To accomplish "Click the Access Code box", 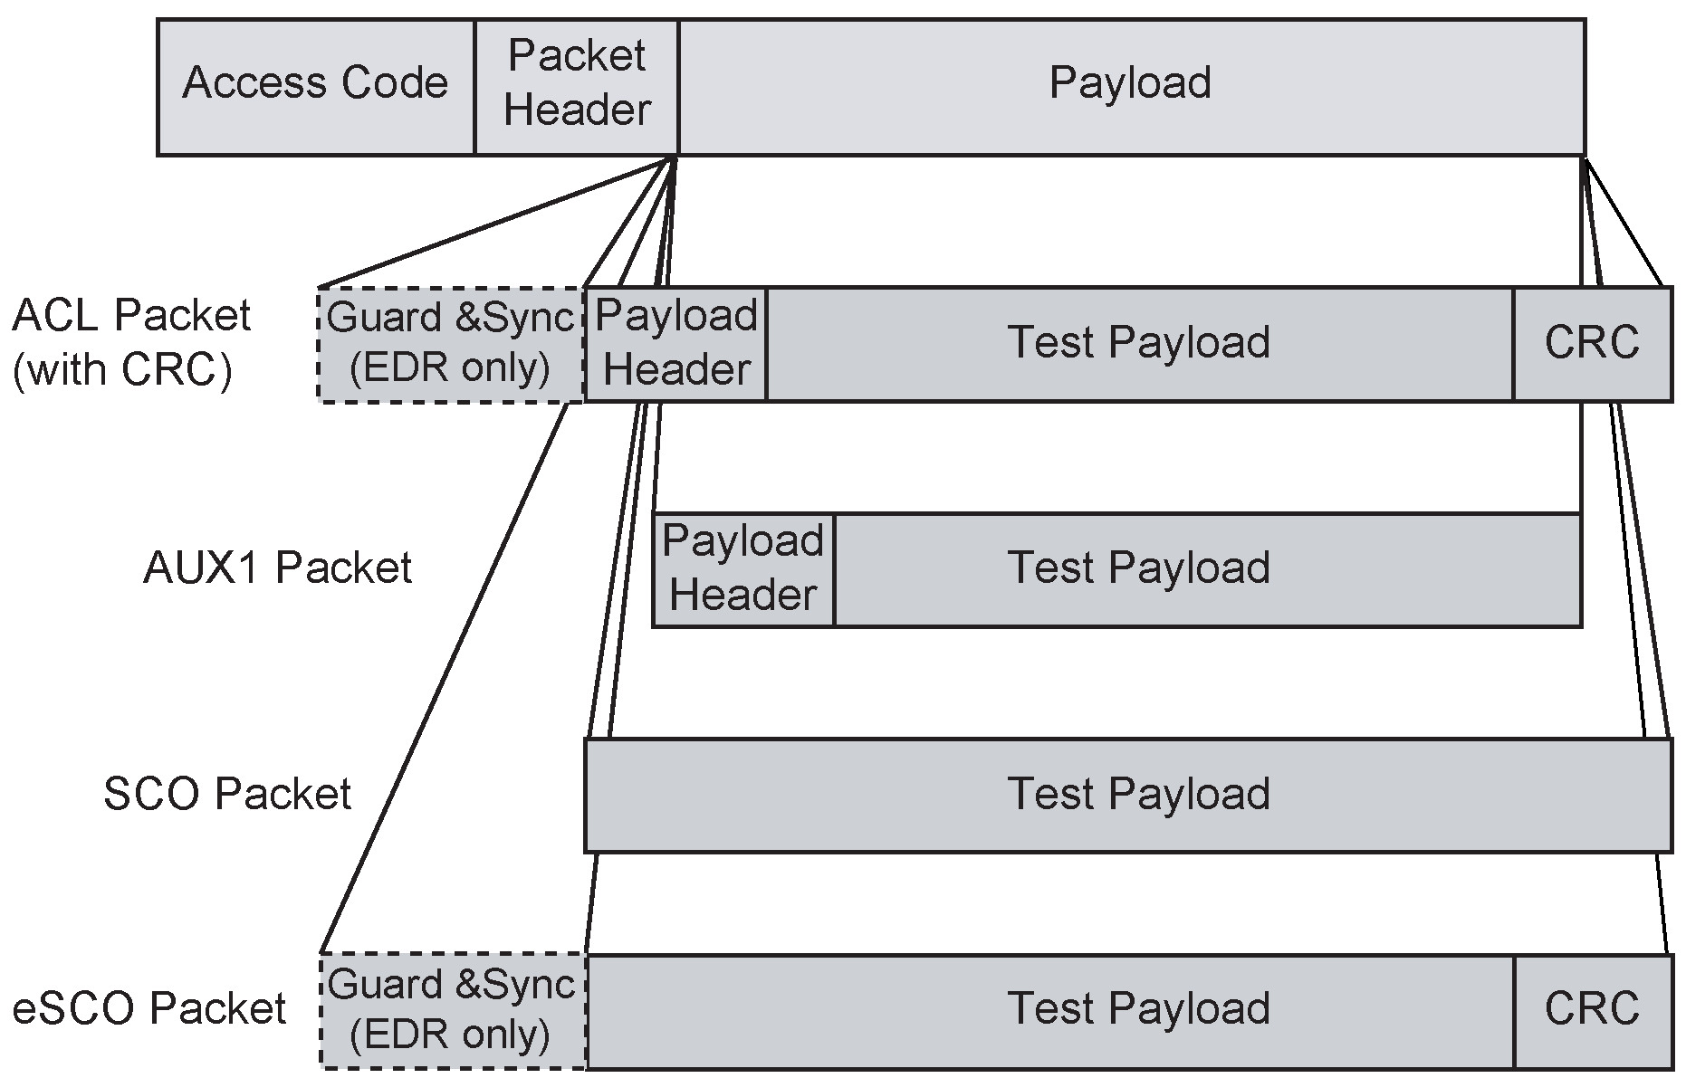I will click(315, 87).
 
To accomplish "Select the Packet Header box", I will click(576, 87).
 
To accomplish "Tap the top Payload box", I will click(1130, 87).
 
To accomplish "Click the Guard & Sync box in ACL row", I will click(451, 344).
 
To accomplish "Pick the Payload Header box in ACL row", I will click(675, 344).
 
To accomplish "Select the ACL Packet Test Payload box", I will click(1138, 344).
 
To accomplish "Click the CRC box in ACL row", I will click(1591, 344).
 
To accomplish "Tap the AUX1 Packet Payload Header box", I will click(742, 569).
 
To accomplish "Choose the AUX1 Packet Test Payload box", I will click(1138, 569).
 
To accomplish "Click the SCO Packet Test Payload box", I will click(1127, 795).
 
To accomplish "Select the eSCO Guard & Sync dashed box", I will click(451, 1010).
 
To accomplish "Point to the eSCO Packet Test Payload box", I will click(1138, 1010).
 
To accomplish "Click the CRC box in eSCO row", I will click(1591, 1010).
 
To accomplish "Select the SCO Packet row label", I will click(226, 795).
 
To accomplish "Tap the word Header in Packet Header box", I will click(577, 111).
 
